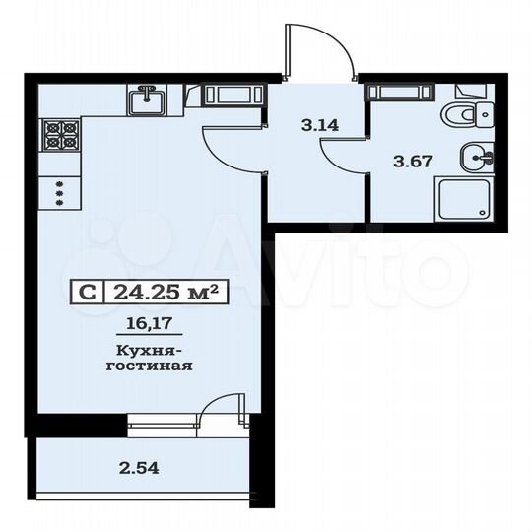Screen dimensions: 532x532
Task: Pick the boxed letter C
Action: [88, 292]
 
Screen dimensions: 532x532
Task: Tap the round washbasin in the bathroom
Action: [477, 155]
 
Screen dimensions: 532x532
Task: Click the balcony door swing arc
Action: [224, 405]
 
